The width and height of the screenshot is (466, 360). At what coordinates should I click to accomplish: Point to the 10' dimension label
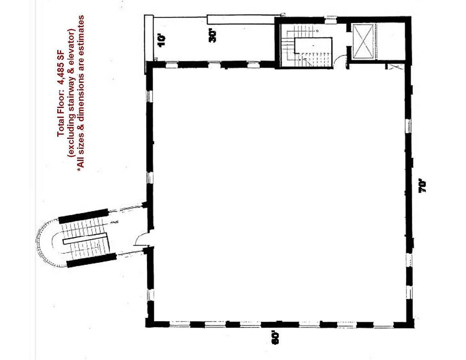click(161, 40)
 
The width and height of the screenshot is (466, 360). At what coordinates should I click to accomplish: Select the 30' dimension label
click(213, 36)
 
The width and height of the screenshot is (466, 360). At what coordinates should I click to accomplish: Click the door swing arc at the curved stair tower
click(142, 240)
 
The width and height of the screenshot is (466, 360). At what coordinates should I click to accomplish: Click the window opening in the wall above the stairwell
click(331, 18)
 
